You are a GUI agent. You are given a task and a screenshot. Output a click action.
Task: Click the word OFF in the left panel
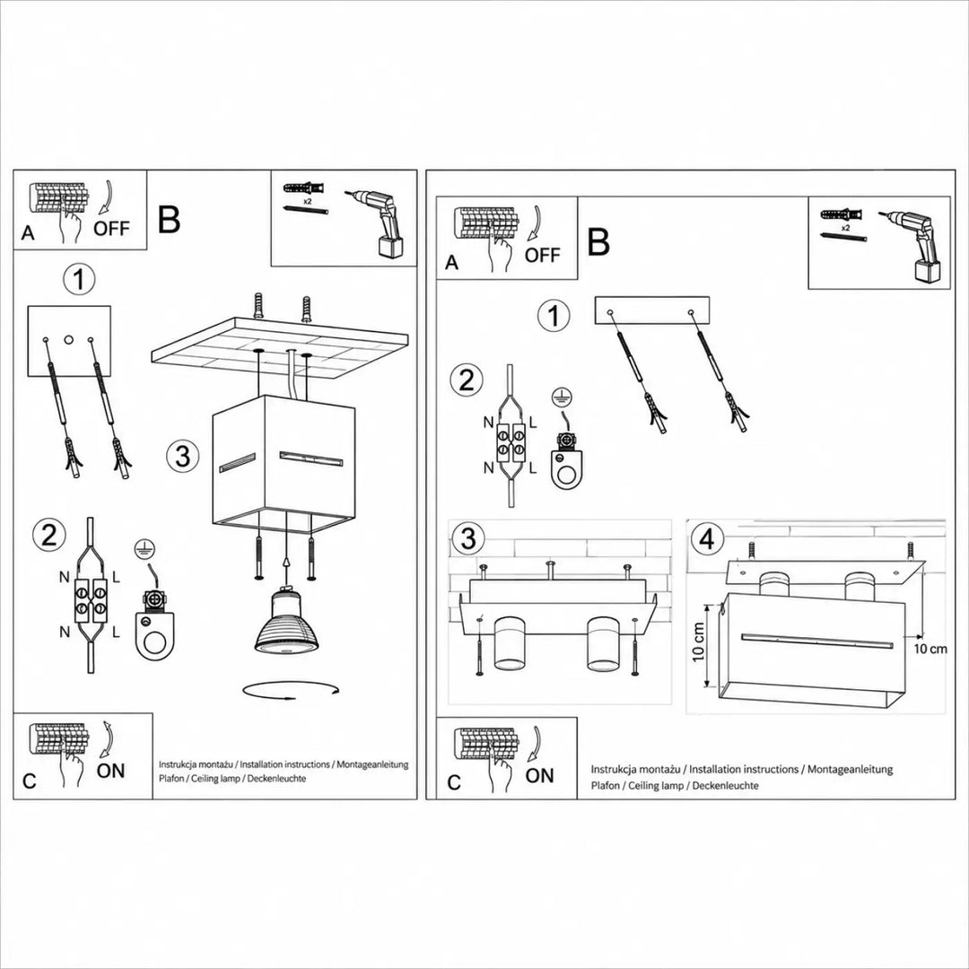point(112,229)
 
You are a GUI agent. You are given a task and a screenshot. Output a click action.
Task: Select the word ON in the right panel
point(539,775)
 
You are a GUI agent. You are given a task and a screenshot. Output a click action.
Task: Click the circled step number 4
point(708,539)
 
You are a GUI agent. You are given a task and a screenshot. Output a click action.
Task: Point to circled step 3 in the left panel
point(183,456)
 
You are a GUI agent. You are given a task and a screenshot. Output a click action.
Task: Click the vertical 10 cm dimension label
point(699,642)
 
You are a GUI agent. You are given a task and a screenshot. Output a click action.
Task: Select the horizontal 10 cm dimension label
point(930,649)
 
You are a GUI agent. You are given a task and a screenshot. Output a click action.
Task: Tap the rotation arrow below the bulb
point(291,691)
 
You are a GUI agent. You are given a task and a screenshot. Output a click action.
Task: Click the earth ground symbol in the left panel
point(145,547)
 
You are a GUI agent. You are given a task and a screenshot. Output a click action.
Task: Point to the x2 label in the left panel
point(307,201)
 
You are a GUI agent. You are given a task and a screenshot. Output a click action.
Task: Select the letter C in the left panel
point(29,781)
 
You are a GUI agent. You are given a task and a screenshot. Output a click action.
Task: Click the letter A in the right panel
point(451,263)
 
